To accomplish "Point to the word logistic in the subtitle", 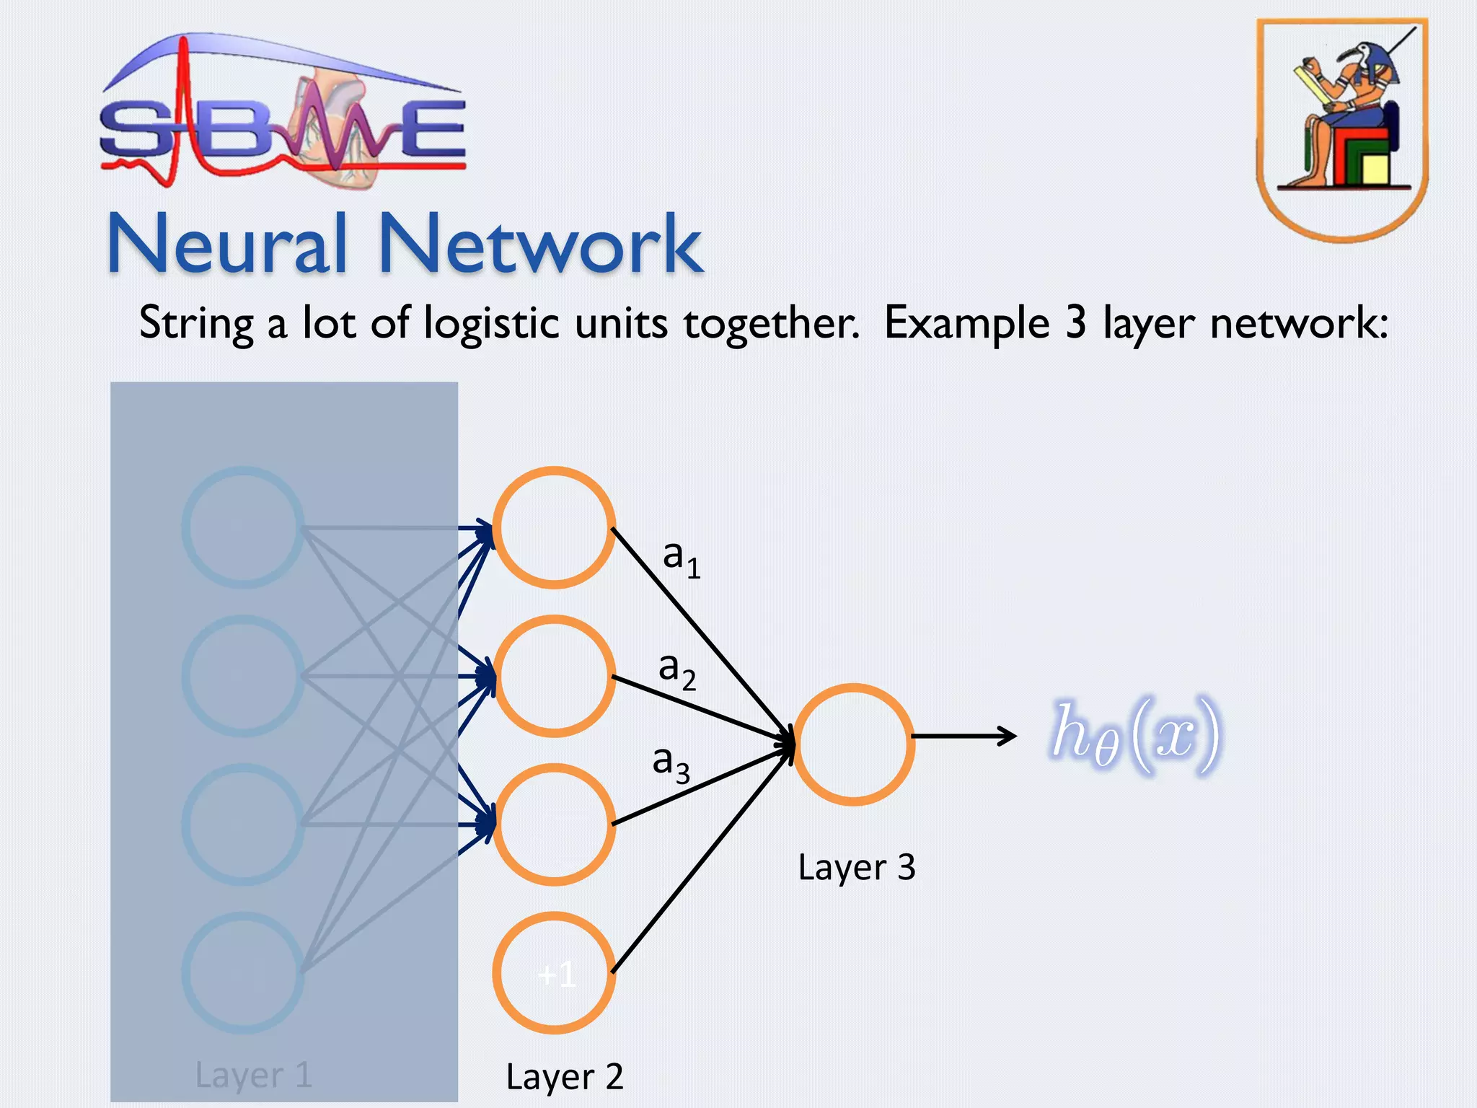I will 491,322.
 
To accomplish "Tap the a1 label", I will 680,558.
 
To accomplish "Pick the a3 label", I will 670,762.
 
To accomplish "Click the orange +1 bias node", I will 554,973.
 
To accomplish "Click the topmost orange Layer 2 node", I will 554,527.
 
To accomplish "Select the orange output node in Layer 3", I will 853,744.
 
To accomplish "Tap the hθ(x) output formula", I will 1135,735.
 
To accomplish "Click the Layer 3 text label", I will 856,867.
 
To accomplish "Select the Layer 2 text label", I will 564,1077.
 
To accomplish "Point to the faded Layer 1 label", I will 253,1075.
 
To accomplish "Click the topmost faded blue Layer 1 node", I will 243,527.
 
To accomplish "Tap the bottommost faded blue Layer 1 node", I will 243,973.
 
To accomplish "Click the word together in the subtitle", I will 770,322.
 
